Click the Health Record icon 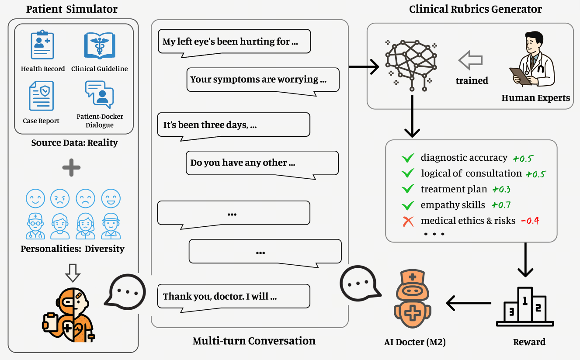(x=42, y=45)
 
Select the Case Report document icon (x=41, y=96)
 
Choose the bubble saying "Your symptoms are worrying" (x=263, y=80)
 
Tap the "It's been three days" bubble (x=234, y=125)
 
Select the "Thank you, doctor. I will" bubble (x=234, y=296)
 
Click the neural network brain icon (x=410, y=64)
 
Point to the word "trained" (x=472, y=81)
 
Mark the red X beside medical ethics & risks (x=408, y=222)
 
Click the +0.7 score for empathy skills (x=501, y=205)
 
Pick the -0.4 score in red (x=530, y=221)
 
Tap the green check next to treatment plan (x=408, y=189)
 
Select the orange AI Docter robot (x=412, y=301)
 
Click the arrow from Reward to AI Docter (x=469, y=302)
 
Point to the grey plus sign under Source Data (x=72, y=167)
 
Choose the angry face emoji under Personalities (x=60, y=199)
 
